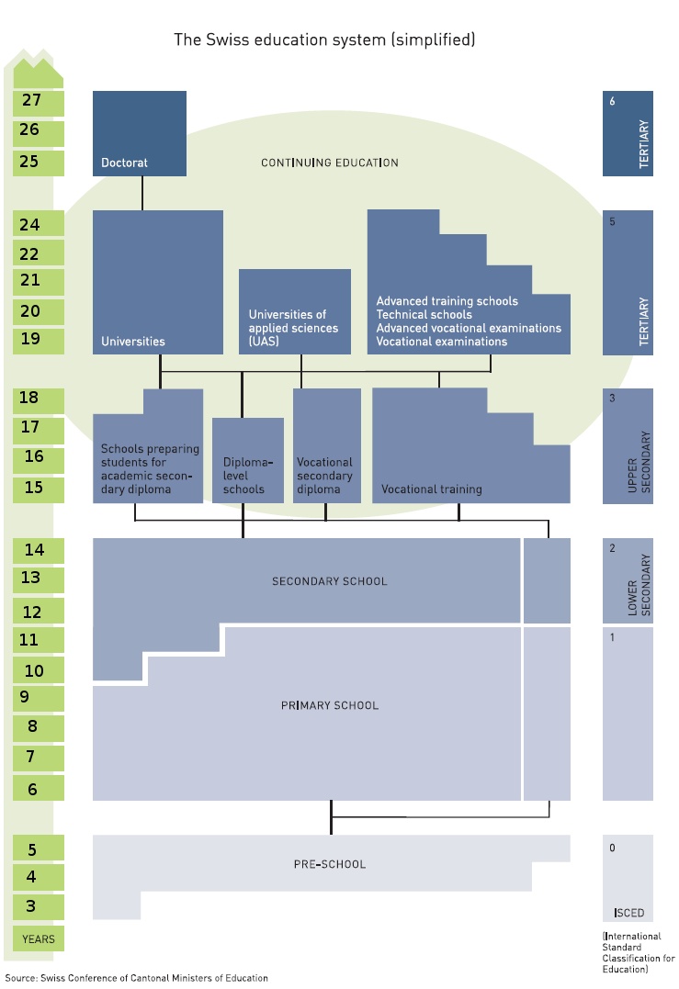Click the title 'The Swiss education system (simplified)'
click(x=324, y=39)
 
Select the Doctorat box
click(x=140, y=133)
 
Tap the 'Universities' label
click(x=133, y=342)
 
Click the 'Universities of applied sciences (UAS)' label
click(x=293, y=328)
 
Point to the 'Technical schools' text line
click(x=424, y=314)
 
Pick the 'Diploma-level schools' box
click(x=247, y=460)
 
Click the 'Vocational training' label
click(x=431, y=489)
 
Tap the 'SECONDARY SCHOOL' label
click(x=329, y=581)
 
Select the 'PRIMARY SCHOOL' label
click(x=329, y=706)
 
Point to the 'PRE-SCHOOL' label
click(x=329, y=864)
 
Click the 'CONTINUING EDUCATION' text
click(x=329, y=163)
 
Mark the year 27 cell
click(x=31, y=101)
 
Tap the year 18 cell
click(x=30, y=398)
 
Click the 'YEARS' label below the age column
click(x=39, y=939)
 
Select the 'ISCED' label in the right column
click(x=628, y=914)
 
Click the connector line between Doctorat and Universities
click(x=142, y=193)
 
